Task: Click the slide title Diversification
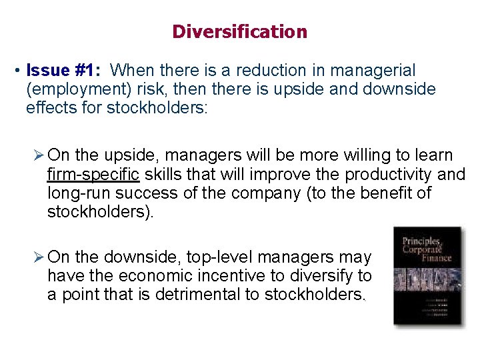(239, 31)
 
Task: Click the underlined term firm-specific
(93, 175)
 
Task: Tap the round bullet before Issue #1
(19, 71)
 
